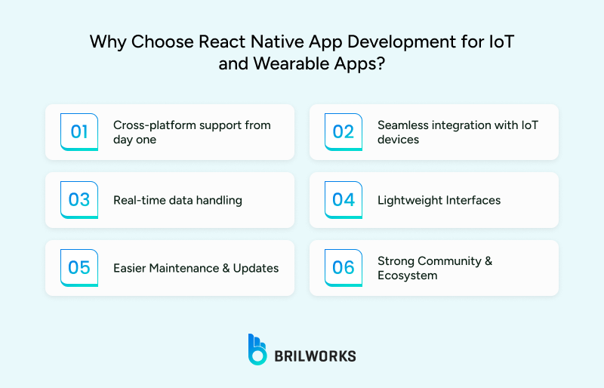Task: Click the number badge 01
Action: pos(79,131)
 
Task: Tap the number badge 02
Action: pos(344,131)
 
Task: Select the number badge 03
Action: pos(79,199)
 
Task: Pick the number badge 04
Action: pos(344,199)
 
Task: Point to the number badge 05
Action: pos(79,267)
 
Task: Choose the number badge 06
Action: pos(344,267)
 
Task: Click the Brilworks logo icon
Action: pos(257,350)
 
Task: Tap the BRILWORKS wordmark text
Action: pos(315,356)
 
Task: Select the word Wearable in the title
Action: pos(275,63)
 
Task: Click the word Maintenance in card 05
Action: pos(187,268)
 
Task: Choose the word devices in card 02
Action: pos(398,140)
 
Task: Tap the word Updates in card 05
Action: pos(257,268)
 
